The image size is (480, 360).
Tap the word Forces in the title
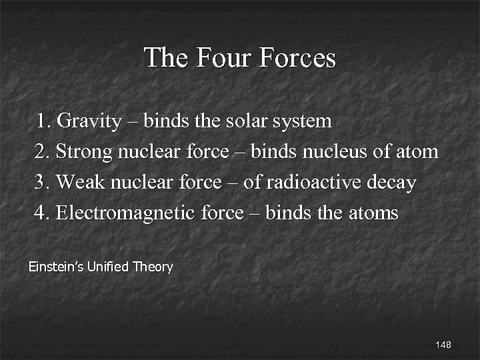[x=297, y=58]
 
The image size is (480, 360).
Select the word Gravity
[x=89, y=121]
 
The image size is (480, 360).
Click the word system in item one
[x=299, y=122]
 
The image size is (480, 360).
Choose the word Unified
[x=107, y=267]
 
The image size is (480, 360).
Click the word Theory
[x=153, y=268]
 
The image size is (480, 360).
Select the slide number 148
[x=443, y=345]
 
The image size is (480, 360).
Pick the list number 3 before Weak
[x=41, y=183]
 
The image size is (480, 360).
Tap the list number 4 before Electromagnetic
[x=41, y=213]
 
